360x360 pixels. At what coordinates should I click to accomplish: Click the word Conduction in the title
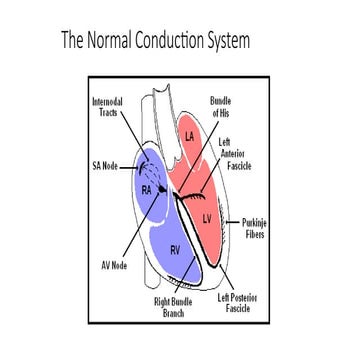166,42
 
